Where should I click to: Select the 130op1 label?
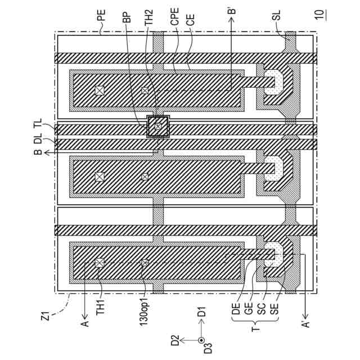click(145, 322)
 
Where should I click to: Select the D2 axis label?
click(175, 340)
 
